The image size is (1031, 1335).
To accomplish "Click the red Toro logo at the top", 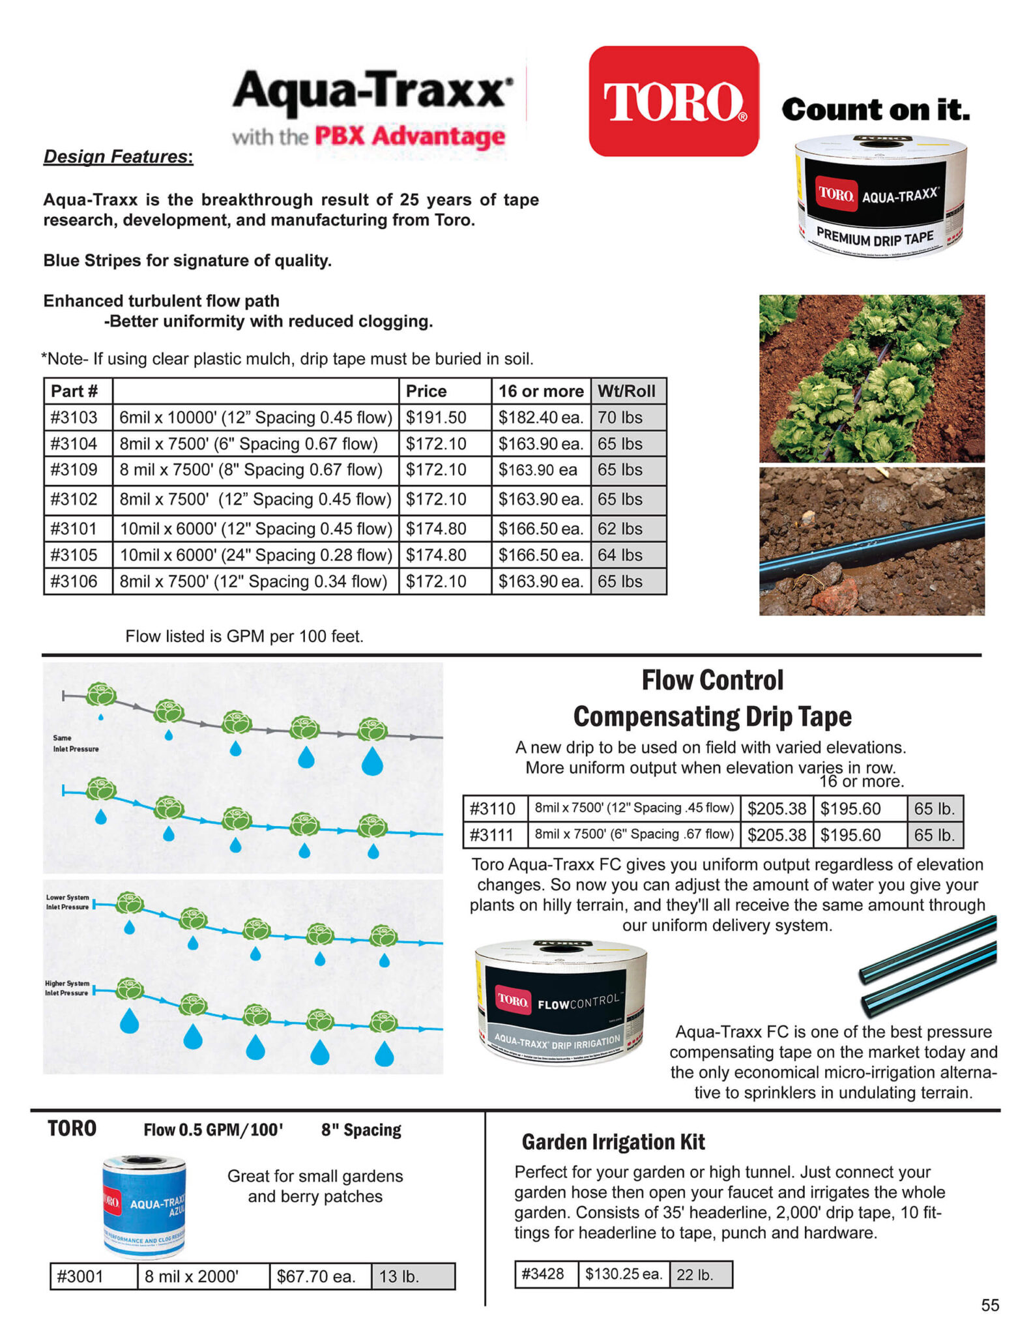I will [x=673, y=101].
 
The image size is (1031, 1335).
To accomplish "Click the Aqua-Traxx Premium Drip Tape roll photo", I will [x=879, y=197].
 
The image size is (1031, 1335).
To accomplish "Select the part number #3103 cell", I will [x=74, y=417].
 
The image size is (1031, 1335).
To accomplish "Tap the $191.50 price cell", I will [x=436, y=417].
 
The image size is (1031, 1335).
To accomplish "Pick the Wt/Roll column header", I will [x=626, y=391].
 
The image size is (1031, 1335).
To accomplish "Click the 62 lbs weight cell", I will [x=620, y=529].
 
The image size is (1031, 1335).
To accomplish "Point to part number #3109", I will [x=74, y=469].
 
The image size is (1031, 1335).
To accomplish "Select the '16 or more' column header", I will [x=540, y=391].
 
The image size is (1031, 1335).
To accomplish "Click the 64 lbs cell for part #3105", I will [x=620, y=555].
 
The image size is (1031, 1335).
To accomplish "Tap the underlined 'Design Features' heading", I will [x=118, y=156].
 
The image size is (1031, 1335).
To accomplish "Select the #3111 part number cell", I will [x=493, y=834].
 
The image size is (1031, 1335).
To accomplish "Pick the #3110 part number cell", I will [x=493, y=808].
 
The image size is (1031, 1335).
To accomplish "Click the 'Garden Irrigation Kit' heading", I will [x=613, y=1141].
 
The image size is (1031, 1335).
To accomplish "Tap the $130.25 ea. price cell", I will [x=624, y=1273].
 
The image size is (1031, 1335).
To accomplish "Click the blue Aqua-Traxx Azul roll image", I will [x=144, y=1207].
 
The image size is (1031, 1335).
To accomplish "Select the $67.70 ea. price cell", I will [x=317, y=1276].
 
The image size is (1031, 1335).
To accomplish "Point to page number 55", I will [x=989, y=1305].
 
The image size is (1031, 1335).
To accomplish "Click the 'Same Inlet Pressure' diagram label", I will [x=76, y=743].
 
